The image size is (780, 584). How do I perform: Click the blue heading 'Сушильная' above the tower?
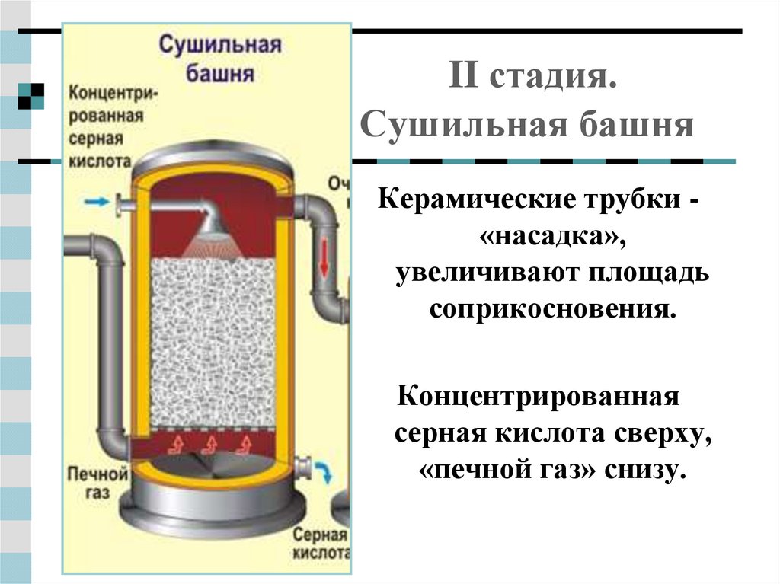click(x=219, y=45)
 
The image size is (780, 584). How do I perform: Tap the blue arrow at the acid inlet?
click(x=96, y=202)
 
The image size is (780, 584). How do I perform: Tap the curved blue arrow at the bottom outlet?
click(x=325, y=473)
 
